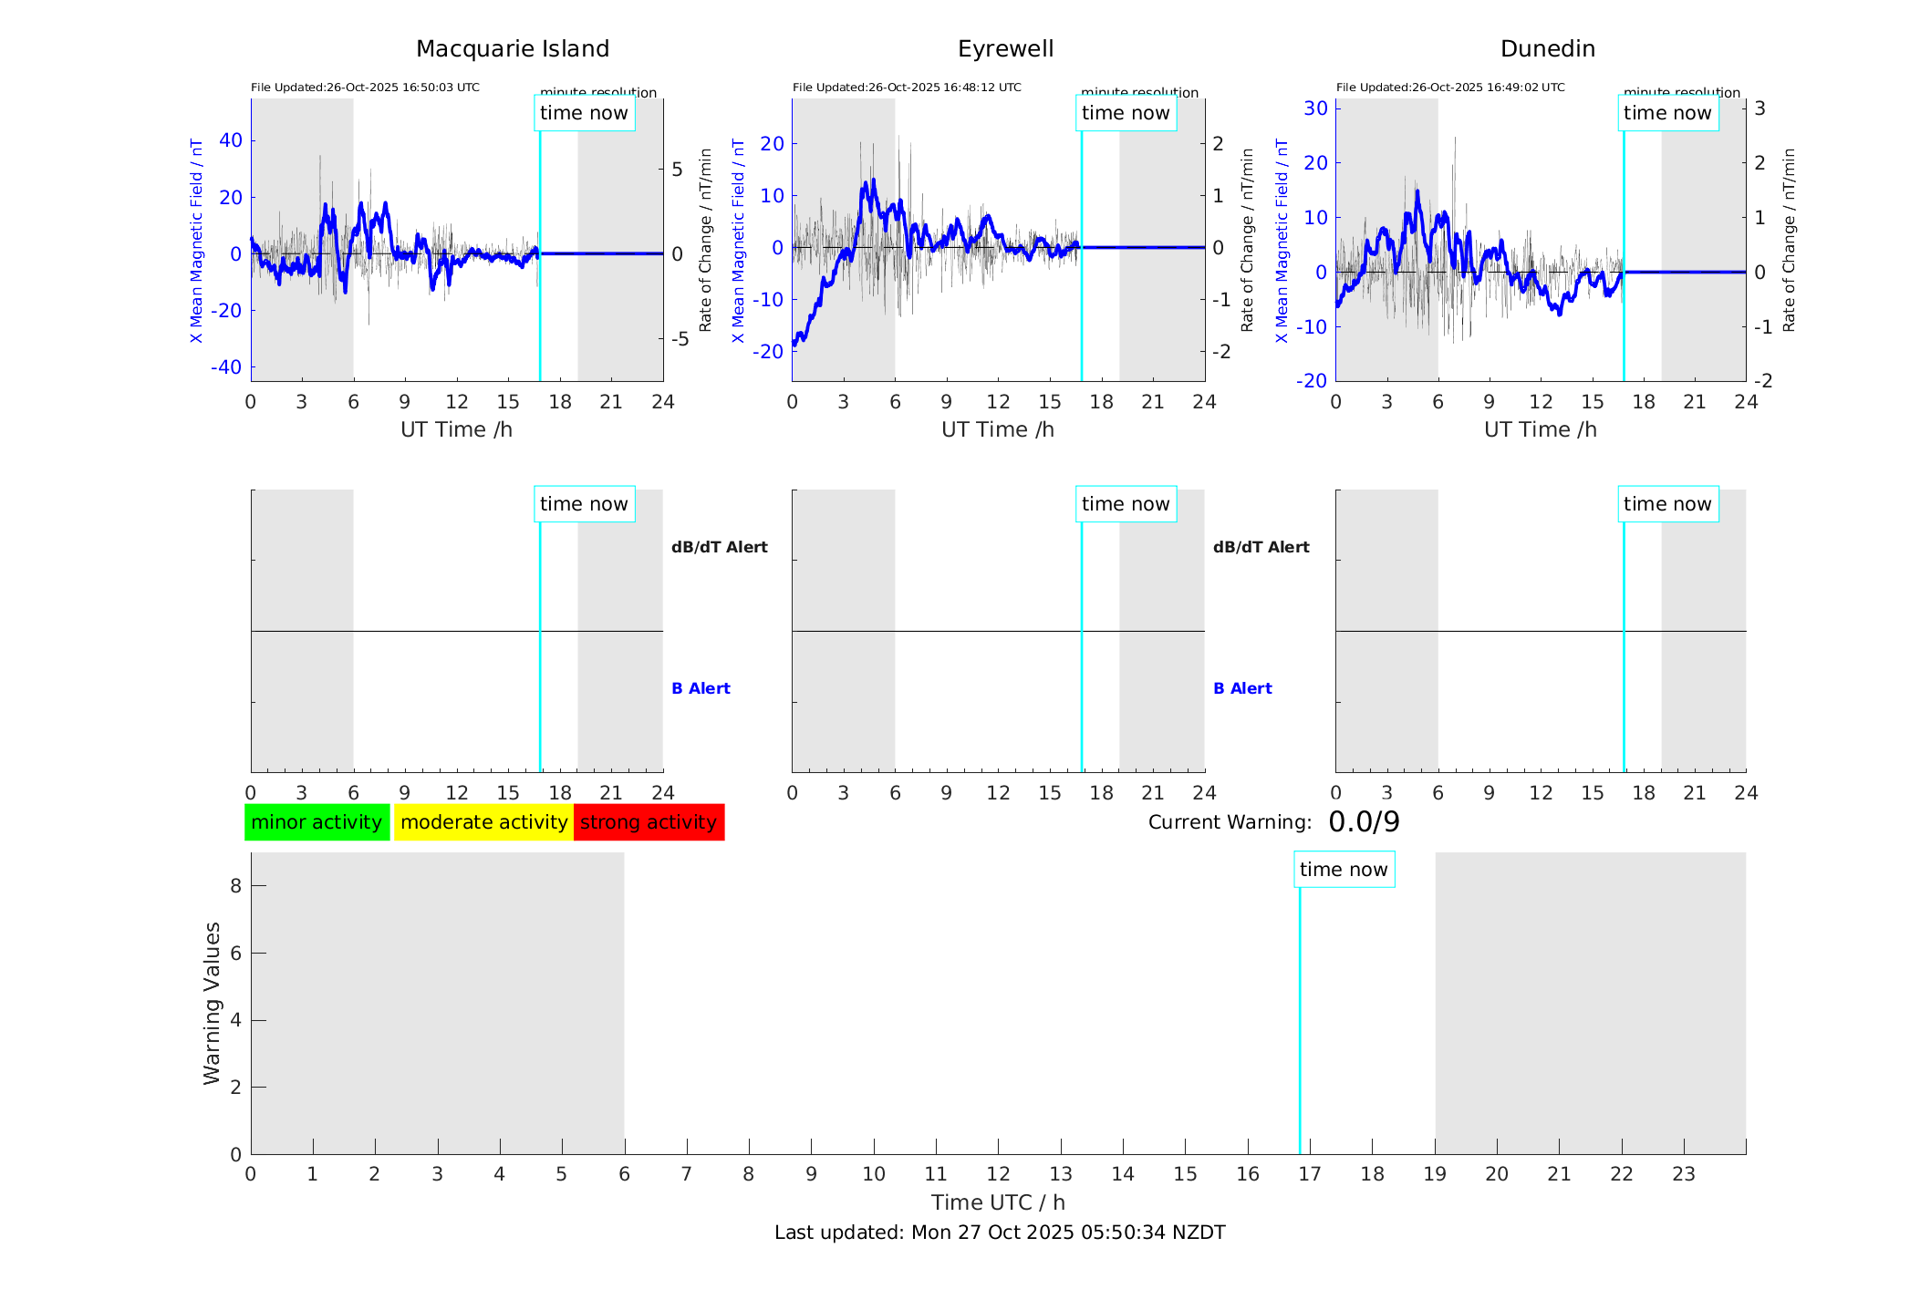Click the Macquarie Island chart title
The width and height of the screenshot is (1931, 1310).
[x=512, y=49]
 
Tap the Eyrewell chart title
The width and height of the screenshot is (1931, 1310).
[x=1005, y=49]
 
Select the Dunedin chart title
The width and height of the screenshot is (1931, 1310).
[x=1547, y=49]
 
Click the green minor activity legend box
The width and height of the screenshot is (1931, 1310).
[x=317, y=822]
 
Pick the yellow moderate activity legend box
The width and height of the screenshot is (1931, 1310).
[x=483, y=822]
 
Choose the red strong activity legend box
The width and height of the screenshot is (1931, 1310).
[x=649, y=822]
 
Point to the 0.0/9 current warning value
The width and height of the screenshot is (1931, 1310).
[x=1364, y=822]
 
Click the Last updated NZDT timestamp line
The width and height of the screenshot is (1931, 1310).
[x=1000, y=1233]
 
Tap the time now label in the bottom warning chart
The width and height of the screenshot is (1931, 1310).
[x=1344, y=870]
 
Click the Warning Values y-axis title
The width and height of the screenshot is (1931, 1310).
[x=213, y=1003]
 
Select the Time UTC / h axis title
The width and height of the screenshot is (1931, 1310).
[x=998, y=1202]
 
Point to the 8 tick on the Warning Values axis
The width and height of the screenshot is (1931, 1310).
[x=236, y=886]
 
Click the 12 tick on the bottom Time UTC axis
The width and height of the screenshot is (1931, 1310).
[x=999, y=1174]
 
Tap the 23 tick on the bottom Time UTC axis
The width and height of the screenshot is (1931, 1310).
[x=1684, y=1174]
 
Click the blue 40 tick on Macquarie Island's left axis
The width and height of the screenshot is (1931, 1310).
[x=231, y=140]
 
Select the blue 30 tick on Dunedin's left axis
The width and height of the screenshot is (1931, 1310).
[x=1315, y=108]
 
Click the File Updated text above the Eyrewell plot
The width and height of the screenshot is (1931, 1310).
[x=907, y=88]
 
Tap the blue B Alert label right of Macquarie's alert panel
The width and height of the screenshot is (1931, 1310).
[x=701, y=688]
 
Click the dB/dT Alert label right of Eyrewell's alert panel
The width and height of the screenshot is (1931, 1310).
[x=1261, y=547]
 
